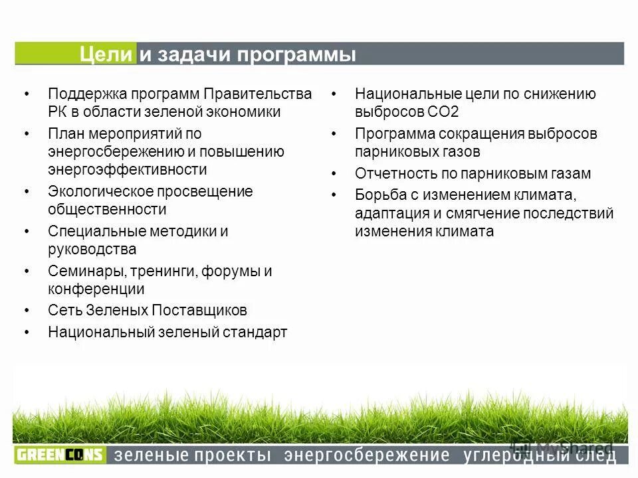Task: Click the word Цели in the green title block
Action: coord(106,54)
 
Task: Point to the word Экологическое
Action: coord(99,191)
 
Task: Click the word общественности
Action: coord(107,209)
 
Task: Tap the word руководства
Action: coord(92,250)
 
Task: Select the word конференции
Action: coord(96,289)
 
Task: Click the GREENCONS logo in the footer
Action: coord(60,455)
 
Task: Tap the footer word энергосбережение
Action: coord(367,455)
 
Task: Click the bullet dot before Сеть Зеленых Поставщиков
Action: coord(27,311)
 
